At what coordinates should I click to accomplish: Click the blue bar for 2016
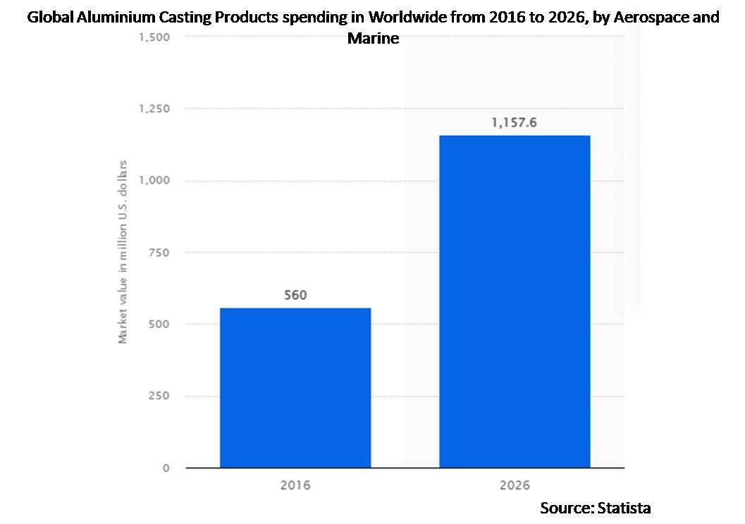[x=295, y=387]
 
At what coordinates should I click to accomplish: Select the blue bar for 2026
[x=515, y=301]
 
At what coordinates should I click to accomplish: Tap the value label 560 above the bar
[x=295, y=295]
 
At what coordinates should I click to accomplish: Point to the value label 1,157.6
[x=515, y=123]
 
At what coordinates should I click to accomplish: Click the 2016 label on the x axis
[x=295, y=485]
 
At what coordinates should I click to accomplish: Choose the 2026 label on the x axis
[x=515, y=485]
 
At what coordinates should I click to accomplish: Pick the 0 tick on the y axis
[x=166, y=468]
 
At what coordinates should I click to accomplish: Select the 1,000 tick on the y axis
[x=154, y=180]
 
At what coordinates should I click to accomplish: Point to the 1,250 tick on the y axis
[x=154, y=108]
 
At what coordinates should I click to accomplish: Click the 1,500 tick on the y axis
[x=154, y=37]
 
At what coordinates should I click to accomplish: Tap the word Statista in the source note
[x=624, y=507]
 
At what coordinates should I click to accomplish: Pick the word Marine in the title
[x=373, y=38]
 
